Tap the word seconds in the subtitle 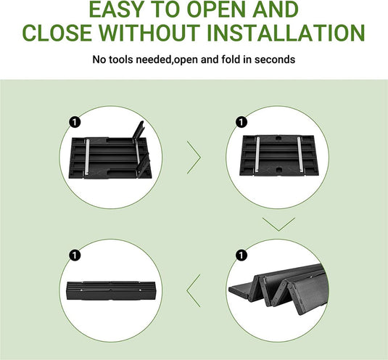click(275, 59)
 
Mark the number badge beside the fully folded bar click(73, 255)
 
